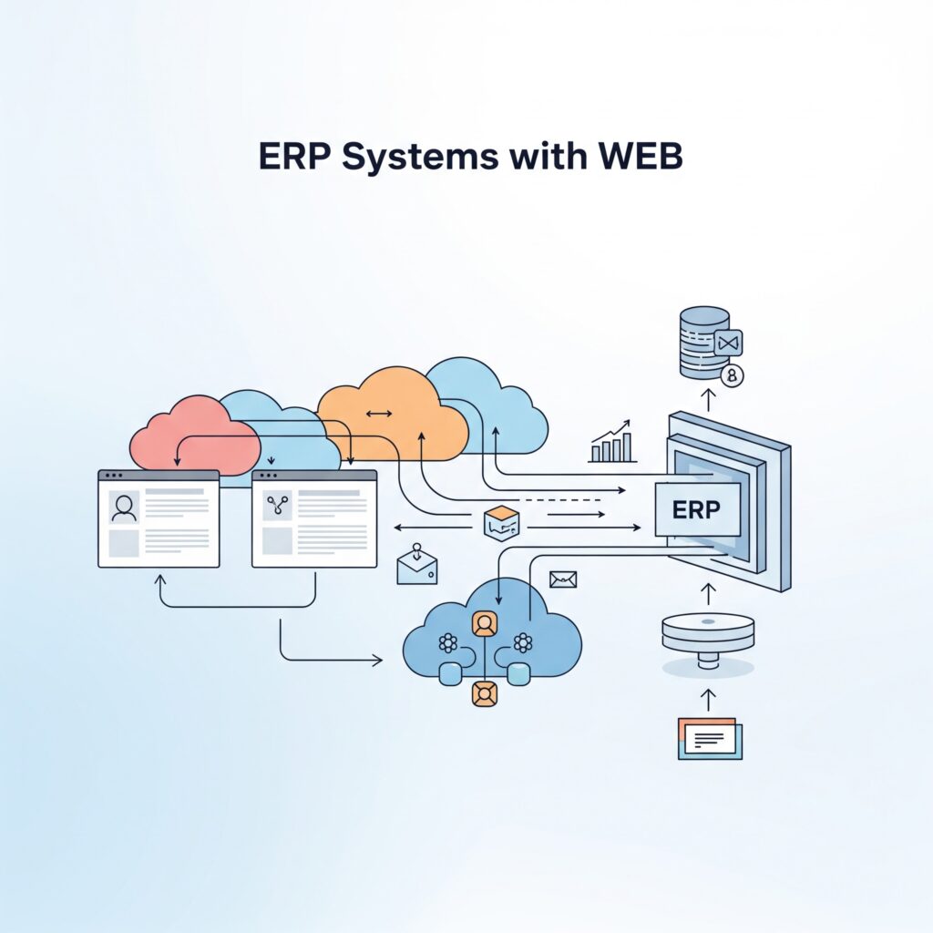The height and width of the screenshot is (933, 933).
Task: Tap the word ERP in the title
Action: (292, 157)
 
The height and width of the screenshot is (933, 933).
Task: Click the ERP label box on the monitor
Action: (697, 509)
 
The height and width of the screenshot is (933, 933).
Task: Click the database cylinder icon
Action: (704, 342)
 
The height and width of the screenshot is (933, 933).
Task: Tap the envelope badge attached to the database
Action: (729, 343)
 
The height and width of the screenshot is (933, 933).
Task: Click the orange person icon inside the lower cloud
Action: (484, 623)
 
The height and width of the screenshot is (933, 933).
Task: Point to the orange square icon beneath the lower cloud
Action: (484, 693)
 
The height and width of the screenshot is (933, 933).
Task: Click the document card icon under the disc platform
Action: (710, 737)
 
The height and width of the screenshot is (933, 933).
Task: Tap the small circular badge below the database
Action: (731, 375)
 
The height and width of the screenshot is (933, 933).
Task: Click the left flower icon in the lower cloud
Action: (447, 642)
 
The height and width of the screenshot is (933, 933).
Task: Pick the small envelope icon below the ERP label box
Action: (563, 579)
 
